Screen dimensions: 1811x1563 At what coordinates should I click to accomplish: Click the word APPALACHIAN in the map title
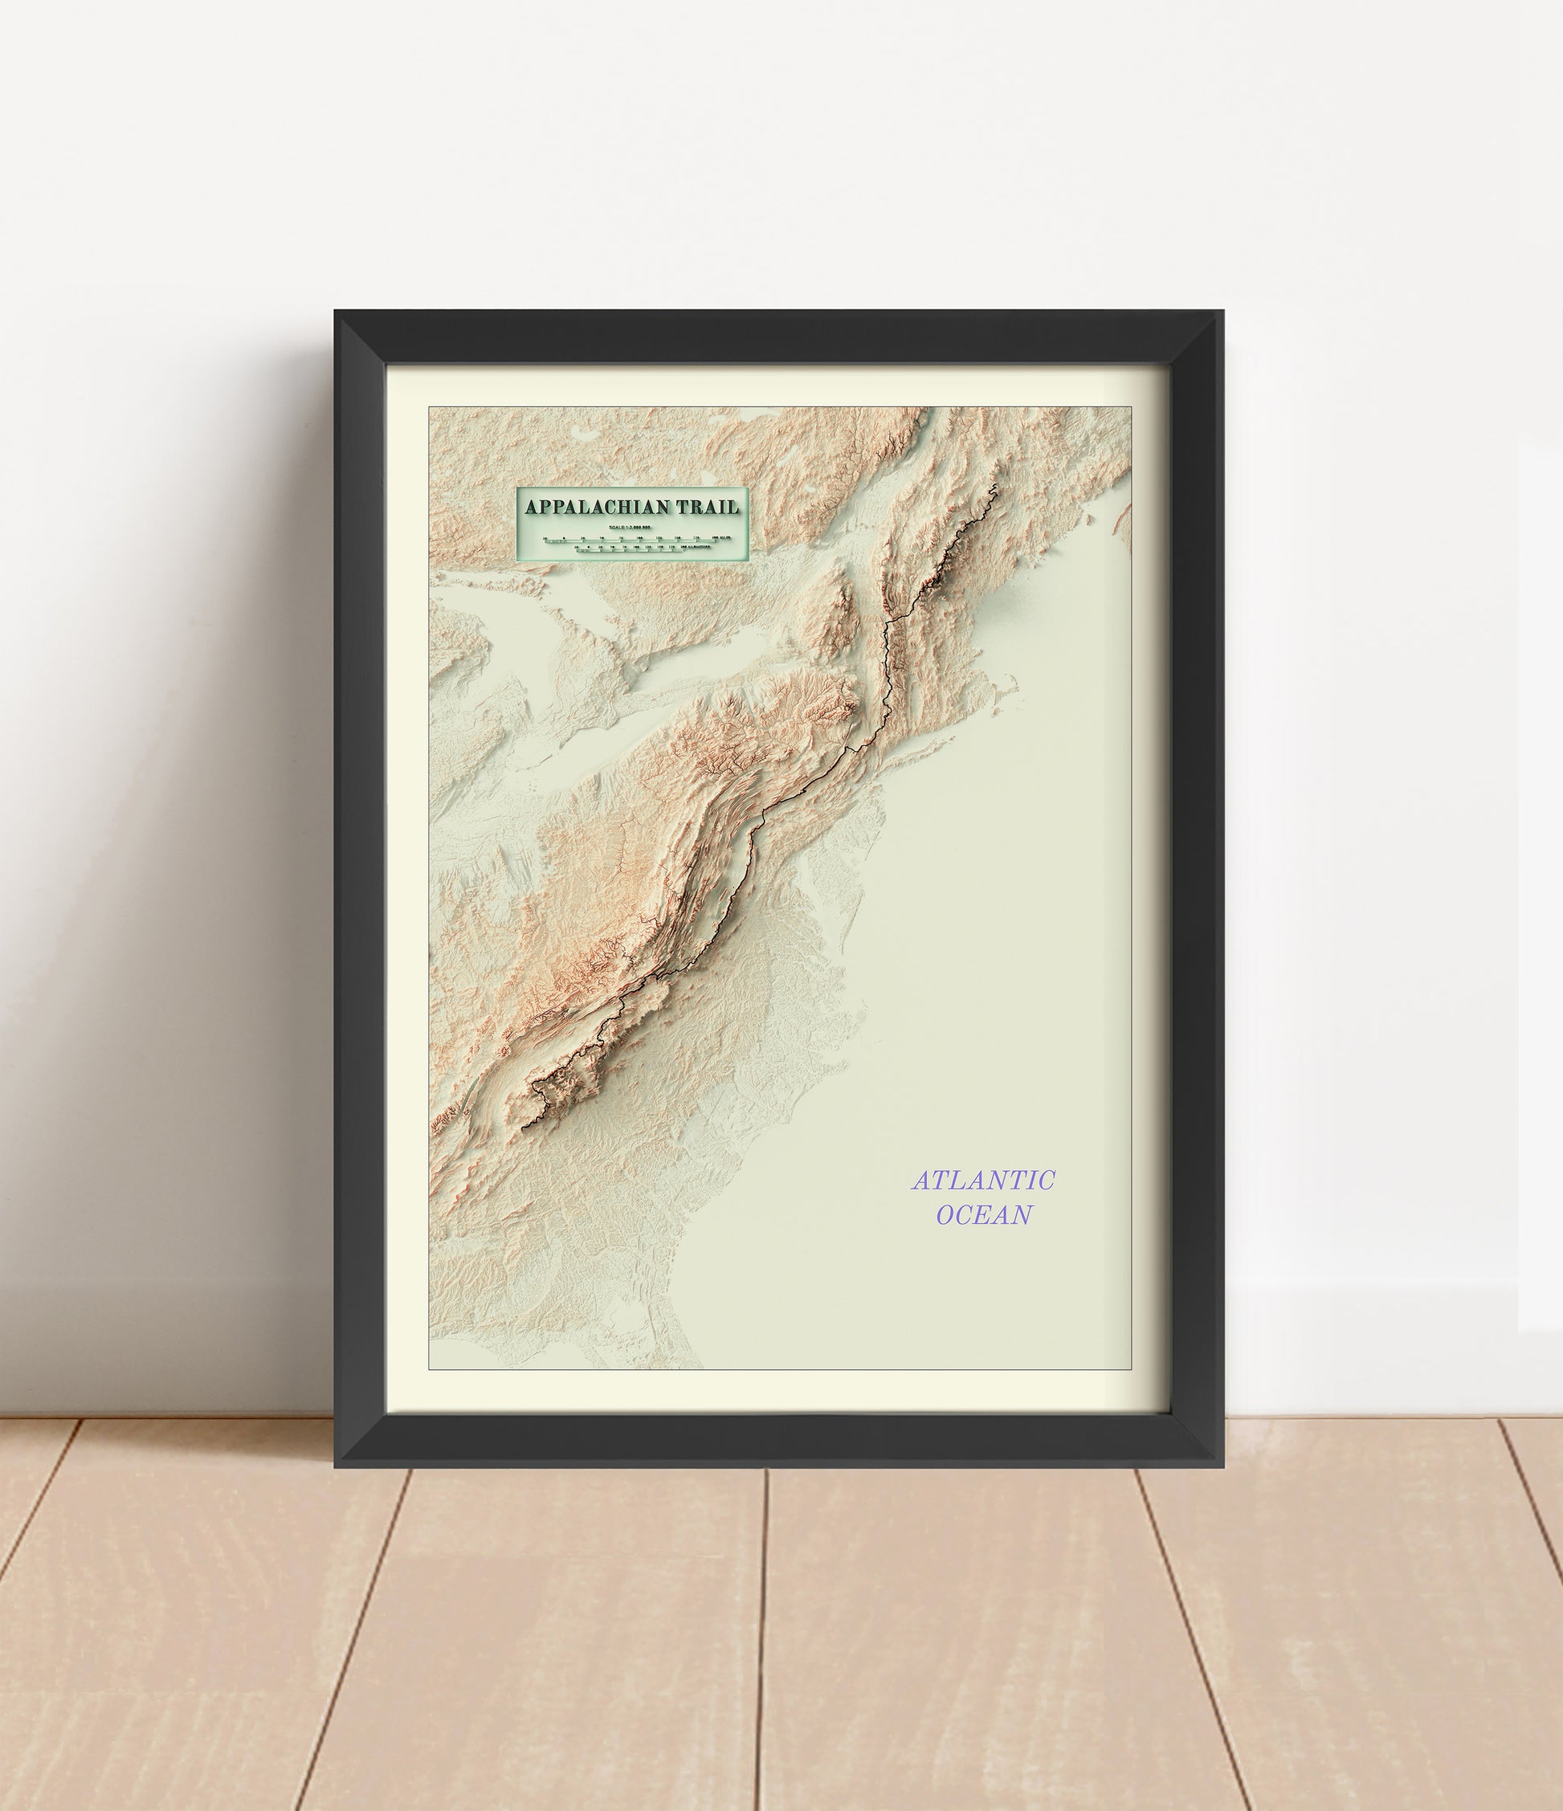coord(597,507)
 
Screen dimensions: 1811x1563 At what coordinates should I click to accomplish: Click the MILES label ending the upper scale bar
coord(721,537)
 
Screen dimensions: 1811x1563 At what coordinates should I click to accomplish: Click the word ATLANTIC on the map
coord(983,1181)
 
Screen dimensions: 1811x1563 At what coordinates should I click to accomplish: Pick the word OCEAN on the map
coord(983,1215)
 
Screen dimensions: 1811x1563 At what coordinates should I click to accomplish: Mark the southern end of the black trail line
coord(523,1129)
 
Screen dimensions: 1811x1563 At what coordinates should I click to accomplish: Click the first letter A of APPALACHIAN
coord(531,507)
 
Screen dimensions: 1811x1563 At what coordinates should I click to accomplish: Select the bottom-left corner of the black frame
coord(336,1466)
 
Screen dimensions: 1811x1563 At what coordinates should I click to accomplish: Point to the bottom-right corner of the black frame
coord(1222,1466)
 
